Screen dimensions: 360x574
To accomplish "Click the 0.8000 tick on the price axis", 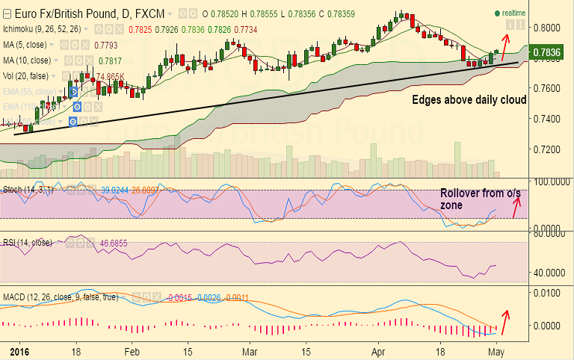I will pyautogui.click(x=549, y=27).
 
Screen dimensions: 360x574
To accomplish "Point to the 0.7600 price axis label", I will pyautogui.click(x=549, y=88).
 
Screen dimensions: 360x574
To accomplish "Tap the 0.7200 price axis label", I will pyautogui.click(x=549, y=149).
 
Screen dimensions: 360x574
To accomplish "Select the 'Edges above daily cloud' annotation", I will pyautogui.click(x=470, y=99).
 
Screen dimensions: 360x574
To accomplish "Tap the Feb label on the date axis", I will pyautogui.click(x=132, y=350).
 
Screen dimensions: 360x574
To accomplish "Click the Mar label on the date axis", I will pyautogui.click(x=250, y=350).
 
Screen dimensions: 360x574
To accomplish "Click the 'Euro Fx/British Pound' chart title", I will pyautogui.click(x=67, y=13).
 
